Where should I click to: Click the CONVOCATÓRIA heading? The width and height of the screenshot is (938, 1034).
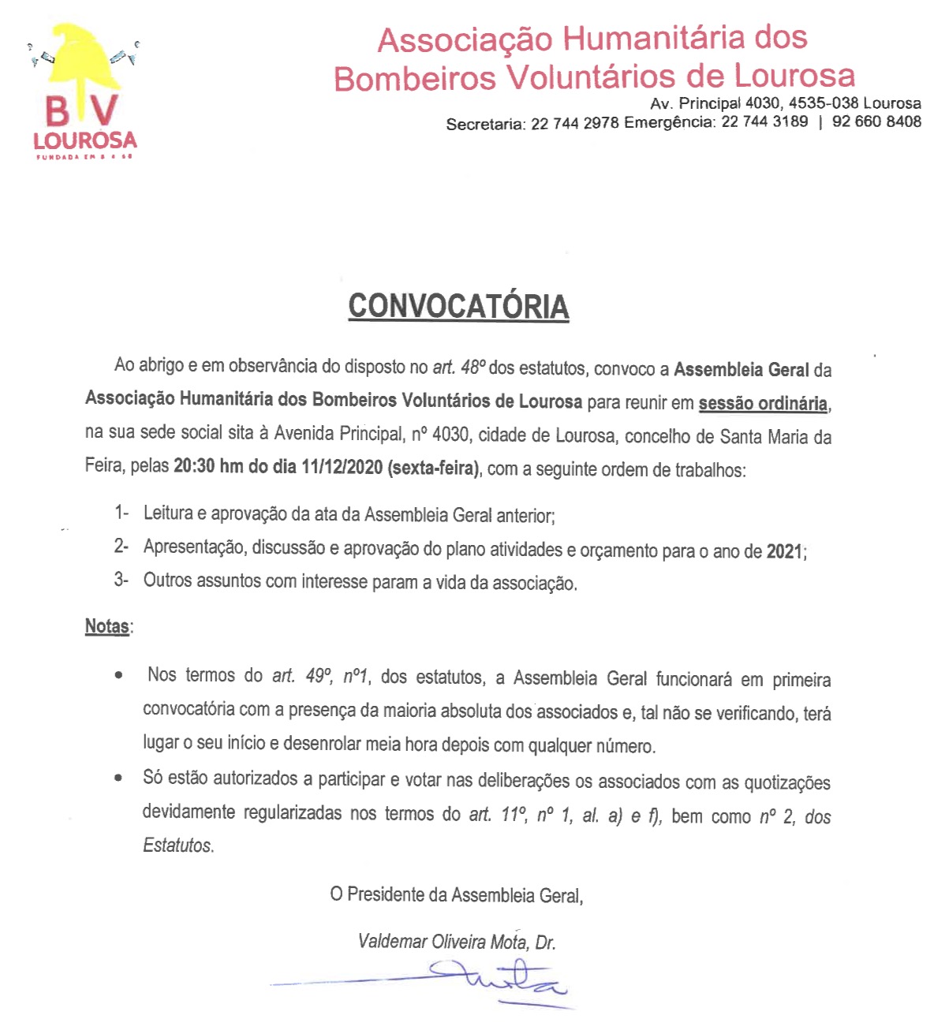(x=458, y=306)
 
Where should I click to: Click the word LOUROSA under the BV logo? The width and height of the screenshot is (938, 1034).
(x=85, y=141)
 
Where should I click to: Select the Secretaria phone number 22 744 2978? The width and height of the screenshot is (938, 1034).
(x=574, y=124)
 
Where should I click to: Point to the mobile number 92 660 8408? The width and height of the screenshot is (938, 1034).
(x=876, y=121)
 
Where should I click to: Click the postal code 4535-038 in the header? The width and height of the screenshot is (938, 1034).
(x=824, y=103)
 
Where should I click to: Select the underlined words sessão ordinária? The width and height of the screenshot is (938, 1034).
(x=762, y=404)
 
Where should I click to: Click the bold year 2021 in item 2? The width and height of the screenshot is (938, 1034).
(x=784, y=551)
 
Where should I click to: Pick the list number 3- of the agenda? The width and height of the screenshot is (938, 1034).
(x=121, y=580)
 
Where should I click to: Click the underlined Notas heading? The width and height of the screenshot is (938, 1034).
(x=107, y=627)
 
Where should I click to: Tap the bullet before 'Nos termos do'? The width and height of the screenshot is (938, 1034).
(x=118, y=676)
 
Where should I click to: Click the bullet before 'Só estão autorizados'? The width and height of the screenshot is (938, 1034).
(x=118, y=778)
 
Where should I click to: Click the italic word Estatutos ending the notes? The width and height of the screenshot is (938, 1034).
(x=178, y=845)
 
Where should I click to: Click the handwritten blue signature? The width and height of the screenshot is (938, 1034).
(x=505, y=980)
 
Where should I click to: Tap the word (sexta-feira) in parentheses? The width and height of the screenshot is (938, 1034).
(x=433, y=468)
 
